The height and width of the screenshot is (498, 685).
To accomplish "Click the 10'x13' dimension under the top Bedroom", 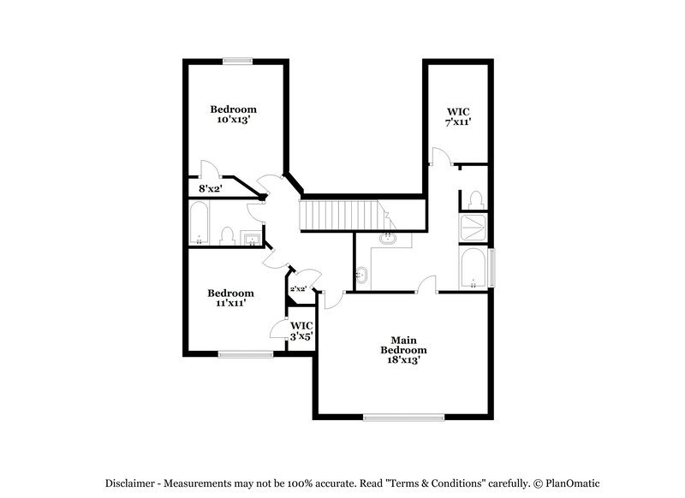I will click(234, 121).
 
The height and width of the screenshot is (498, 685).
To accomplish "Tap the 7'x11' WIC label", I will click(459, 123).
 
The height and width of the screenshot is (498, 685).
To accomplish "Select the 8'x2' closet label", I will click(210, 188).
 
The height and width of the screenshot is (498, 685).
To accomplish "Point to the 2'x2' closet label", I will click(298, 289).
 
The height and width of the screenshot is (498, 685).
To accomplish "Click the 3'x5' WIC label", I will click(301, 337).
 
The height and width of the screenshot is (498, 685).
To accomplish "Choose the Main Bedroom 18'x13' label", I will click(403, 360).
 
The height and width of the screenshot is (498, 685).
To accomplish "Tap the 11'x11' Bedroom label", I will click(231, 303).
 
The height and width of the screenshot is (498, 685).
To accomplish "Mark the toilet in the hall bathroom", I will click(228, 236).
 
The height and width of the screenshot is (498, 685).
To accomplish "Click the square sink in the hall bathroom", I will click(251, 237).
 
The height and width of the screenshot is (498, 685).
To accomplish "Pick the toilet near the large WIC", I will click(474, 199).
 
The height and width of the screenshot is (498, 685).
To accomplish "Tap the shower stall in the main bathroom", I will click(473, 227).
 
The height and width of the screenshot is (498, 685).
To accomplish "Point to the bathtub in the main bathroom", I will click(474, 267).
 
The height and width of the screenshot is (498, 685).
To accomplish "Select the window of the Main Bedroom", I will click(403, 418).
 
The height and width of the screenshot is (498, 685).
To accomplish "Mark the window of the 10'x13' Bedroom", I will click(238, 60).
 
